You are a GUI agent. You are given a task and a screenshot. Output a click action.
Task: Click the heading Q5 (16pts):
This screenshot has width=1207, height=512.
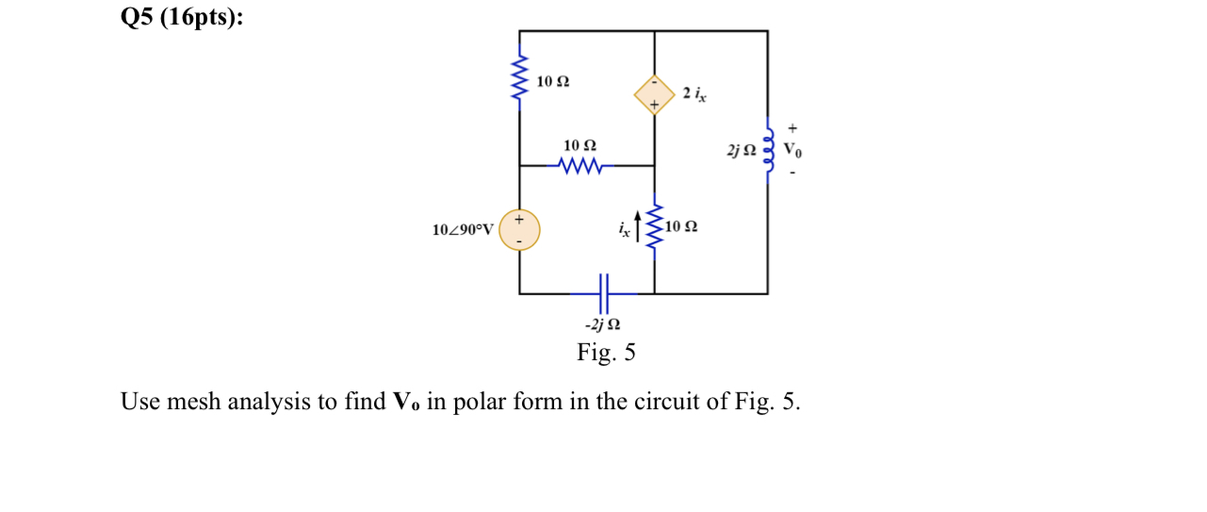181,18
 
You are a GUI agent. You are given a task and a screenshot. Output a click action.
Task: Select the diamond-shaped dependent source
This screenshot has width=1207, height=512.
654,94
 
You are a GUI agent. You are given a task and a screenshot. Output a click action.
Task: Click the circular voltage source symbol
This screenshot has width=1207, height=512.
519,229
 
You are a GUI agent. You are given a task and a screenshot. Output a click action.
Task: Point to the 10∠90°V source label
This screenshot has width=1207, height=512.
463,229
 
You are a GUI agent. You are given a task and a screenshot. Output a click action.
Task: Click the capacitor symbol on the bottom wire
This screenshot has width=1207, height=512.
604,293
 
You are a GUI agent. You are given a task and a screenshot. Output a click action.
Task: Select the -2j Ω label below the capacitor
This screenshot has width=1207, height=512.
603,325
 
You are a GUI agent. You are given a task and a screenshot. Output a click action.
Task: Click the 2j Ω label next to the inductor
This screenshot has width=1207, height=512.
741,150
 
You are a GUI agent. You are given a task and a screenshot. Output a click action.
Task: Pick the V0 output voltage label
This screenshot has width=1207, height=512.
793,151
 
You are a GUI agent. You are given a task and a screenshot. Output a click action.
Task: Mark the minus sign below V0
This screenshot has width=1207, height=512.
791,173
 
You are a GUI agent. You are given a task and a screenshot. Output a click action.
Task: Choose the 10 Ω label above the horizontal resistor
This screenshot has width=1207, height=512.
579,146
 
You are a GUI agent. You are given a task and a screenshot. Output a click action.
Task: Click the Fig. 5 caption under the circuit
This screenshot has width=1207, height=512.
606,354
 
